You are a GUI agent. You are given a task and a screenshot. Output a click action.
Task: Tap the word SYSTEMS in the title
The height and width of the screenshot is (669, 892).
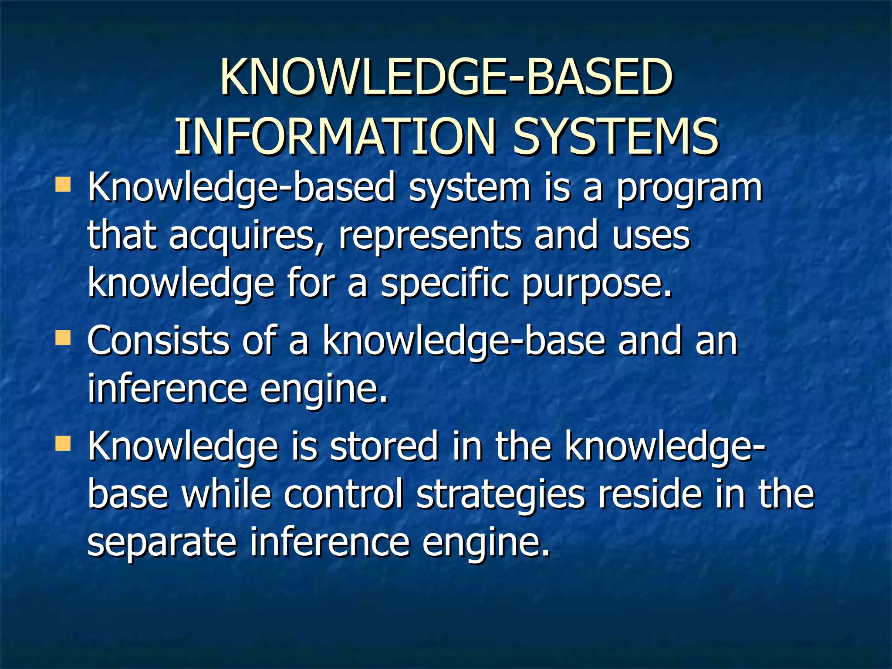pos(615,136)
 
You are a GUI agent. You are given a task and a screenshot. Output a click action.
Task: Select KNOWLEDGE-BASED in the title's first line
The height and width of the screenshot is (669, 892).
pos(446,78)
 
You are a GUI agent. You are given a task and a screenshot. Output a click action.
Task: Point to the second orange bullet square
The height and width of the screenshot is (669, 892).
pos(63,338)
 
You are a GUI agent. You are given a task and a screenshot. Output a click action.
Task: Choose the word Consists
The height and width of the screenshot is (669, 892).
pos(158,341)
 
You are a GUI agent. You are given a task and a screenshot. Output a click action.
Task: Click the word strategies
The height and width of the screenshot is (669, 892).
pos(500,495)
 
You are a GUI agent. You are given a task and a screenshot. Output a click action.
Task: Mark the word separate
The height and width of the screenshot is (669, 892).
pos(162,543)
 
